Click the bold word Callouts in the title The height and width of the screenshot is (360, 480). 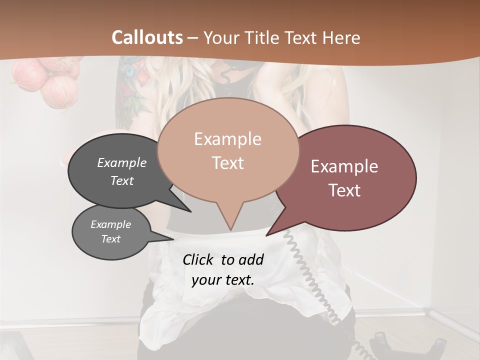tap(147, 37)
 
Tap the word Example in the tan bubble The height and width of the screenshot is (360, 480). tap(227, 139)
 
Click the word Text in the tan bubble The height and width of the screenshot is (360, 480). tap(228, 163)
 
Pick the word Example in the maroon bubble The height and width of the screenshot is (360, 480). tap(344, 166)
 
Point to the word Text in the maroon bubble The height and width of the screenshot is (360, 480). tap(345, 190)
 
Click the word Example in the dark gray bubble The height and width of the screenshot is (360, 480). tap(122, 162)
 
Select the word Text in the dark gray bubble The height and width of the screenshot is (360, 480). tap(122, 180)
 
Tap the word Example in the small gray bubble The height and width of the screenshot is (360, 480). tap(111, 224)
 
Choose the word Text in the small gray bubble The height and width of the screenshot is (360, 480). tap(111, 239)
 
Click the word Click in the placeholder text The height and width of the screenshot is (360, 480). tap(200, 259)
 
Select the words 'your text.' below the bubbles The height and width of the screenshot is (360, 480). tap(223, 280)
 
